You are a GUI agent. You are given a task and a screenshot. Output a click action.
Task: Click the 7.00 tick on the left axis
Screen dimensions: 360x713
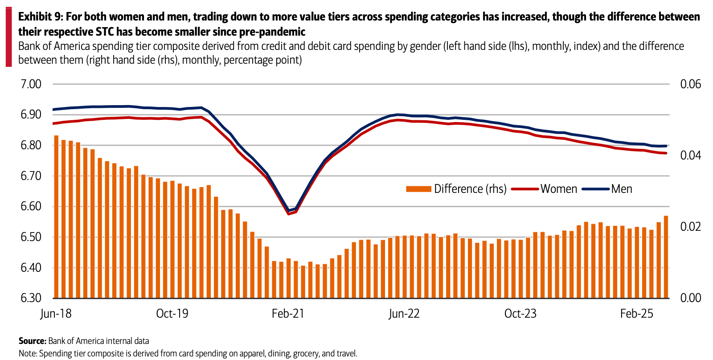31,84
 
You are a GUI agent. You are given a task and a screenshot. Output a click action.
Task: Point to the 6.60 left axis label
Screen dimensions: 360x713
31,206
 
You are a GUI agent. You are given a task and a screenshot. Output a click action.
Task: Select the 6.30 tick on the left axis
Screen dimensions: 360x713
31,298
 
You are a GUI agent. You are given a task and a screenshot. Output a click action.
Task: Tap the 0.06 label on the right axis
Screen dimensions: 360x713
690,84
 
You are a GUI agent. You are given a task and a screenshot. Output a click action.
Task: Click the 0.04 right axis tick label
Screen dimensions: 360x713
690,155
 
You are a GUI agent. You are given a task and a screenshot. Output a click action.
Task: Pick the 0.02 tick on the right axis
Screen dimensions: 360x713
690,227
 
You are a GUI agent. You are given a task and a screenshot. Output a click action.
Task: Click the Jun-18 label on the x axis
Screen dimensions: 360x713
56,314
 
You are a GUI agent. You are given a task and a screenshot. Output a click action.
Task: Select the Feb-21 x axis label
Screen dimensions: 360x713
288,314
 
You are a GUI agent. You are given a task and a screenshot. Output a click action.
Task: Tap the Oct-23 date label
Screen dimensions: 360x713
520,314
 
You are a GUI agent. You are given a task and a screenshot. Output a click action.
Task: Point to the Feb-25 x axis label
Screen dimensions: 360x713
636,314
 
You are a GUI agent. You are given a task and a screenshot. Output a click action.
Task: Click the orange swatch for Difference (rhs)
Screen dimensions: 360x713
418,189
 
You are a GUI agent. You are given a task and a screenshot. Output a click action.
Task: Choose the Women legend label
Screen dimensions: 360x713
559,189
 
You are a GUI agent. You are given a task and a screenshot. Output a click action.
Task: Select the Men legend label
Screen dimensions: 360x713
622,189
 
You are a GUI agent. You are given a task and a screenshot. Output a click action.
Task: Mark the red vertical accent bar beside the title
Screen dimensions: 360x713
9,37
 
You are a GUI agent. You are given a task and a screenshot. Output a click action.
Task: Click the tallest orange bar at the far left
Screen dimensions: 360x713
56,217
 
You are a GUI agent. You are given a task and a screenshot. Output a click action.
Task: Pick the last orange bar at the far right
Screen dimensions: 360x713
666,257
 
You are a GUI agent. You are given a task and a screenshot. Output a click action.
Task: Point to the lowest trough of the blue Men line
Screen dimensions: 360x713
289,210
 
